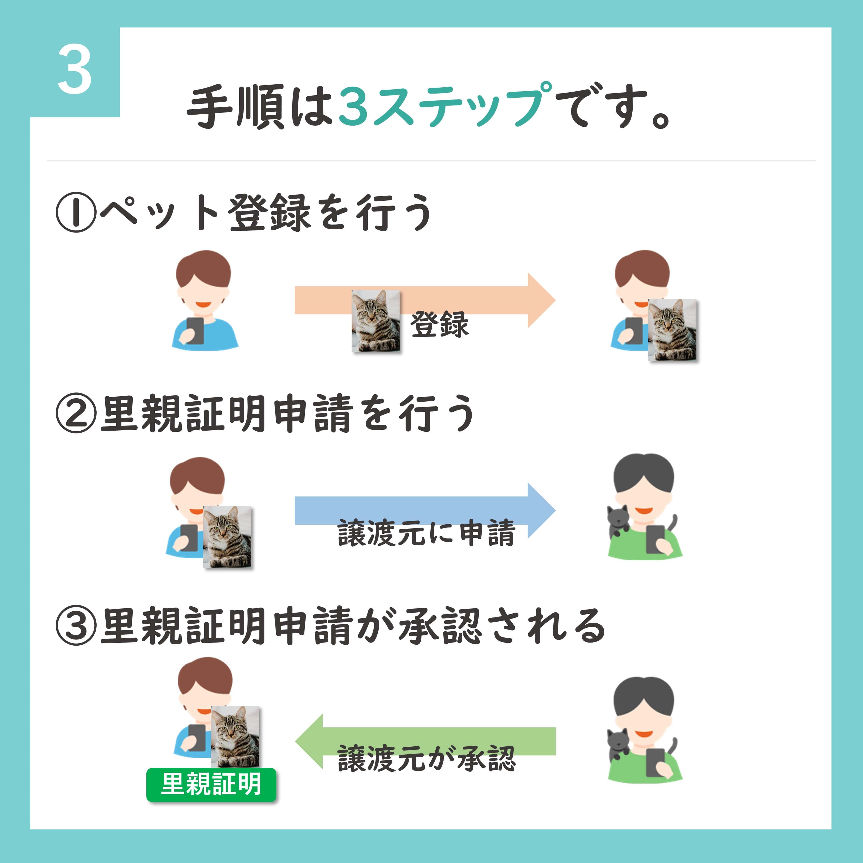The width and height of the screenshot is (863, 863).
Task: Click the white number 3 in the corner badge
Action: pyautogui.click(x=75, y=70)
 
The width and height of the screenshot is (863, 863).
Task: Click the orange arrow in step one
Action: pyautogui.click(x=425, y=300)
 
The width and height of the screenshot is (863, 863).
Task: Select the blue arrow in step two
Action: pyautogui.click(x=425, y=511)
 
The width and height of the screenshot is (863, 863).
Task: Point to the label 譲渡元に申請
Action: pyautogui.click(x=427, y=533)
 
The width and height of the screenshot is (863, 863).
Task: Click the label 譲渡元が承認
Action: pyautogui.click(x=427, y=758)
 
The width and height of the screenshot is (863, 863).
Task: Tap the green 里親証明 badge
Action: pyautogui.click(x=211, y=785)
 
